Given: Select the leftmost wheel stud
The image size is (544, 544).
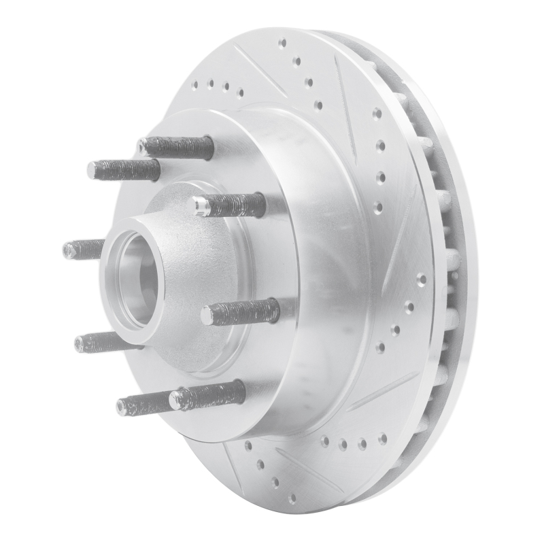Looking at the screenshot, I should [x=82, y=250].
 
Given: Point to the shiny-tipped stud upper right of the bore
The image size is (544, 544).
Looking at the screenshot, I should [x=228, y=204].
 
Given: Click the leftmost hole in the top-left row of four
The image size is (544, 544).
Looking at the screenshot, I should [x=195, y=86].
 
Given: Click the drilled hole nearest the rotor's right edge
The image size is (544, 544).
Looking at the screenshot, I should [x=421, y=278].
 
